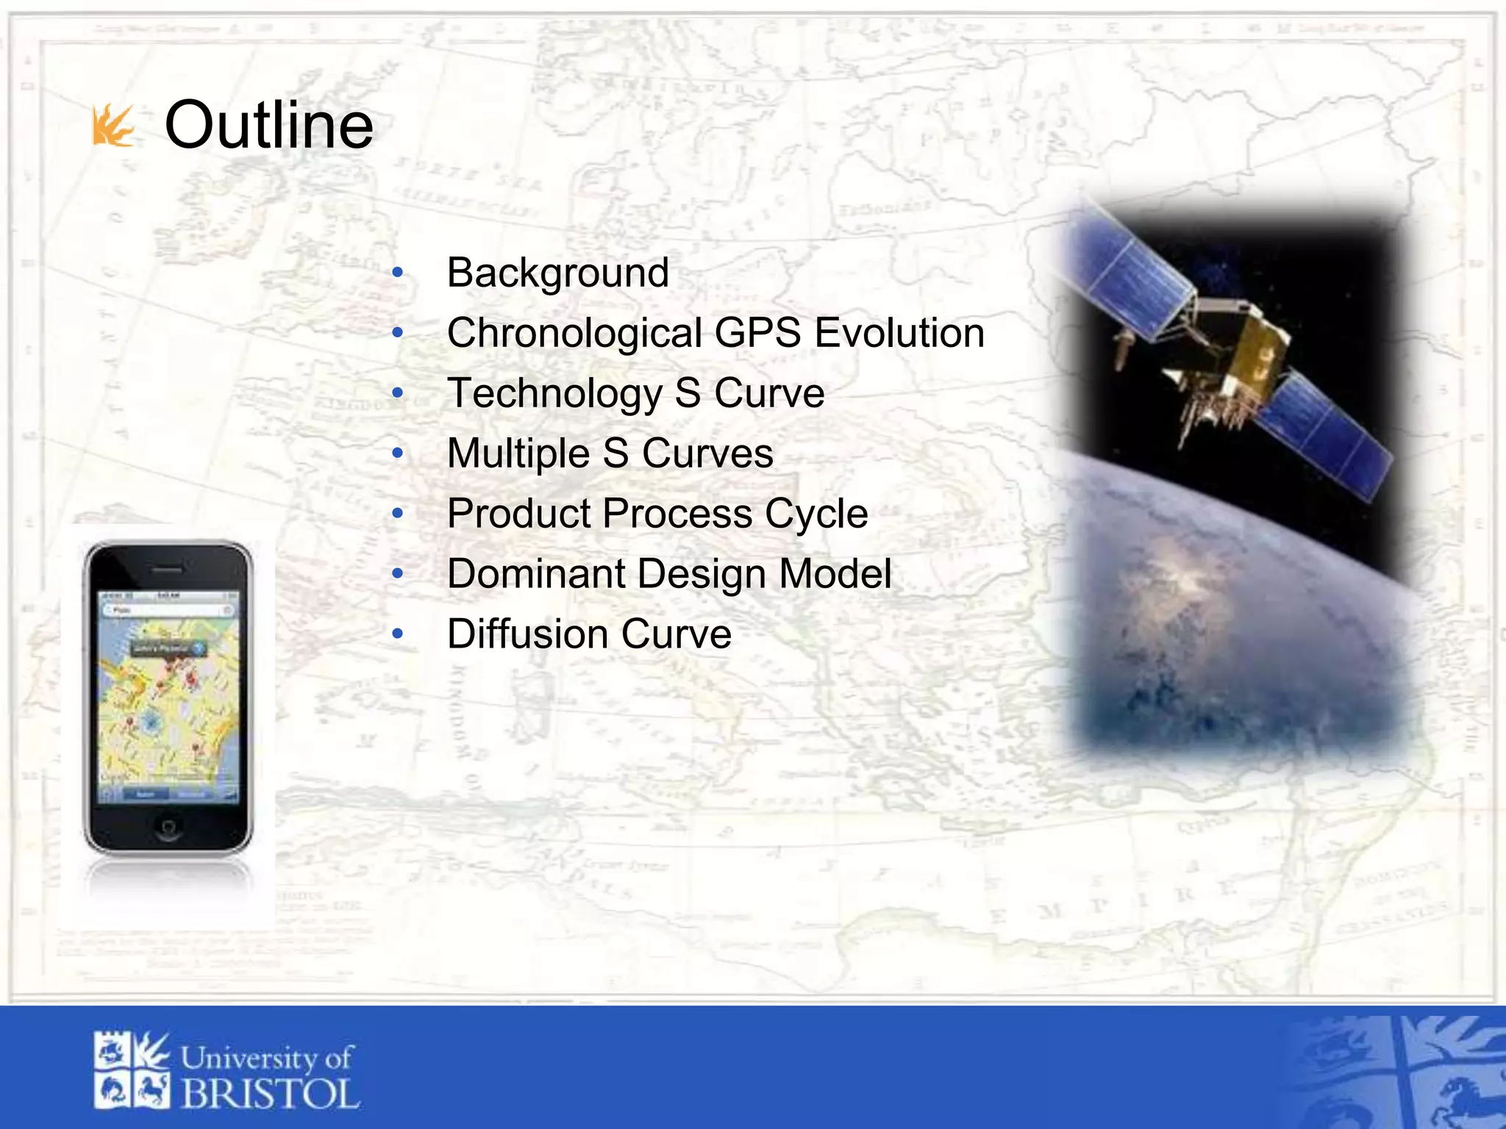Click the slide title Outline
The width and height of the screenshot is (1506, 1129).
click(x=268, y=125)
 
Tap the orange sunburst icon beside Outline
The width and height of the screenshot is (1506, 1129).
click(x=113, y=126)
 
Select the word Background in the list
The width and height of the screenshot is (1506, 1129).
click(x=557, y=273)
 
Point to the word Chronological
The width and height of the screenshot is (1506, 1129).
click(x=574, y=334)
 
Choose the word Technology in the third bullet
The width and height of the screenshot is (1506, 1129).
click(x=554, y=394)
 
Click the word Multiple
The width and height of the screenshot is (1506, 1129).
click(x=518, y=454)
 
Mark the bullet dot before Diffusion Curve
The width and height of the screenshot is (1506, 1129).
click(x=398, y=634)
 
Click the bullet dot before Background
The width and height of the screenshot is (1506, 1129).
click(x=398, y=273)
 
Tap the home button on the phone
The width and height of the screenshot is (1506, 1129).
click(x=168, y=827)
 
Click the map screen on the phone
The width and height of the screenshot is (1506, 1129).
click(x=168, y=695)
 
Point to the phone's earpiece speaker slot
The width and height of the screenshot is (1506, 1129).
click(x=168, y=570)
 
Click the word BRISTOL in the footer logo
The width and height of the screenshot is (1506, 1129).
click(x=270, y=1094)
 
